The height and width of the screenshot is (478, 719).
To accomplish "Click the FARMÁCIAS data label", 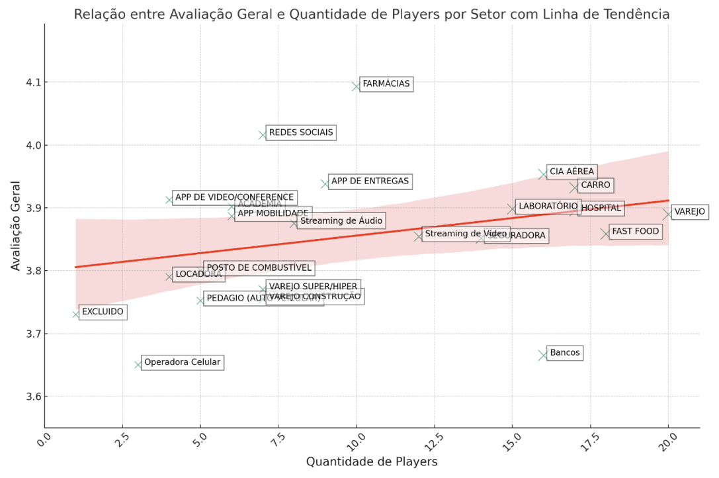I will tap(386, 84).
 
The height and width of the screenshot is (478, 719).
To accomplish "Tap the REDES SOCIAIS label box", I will tap(301, 132).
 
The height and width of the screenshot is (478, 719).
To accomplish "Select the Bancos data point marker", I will tap(543, 355).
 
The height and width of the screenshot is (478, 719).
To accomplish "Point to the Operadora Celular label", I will tap(182, 362).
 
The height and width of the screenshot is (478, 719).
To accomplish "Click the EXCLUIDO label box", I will tap(103, 311).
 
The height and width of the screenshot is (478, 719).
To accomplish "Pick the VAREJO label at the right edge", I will tap(689, 212).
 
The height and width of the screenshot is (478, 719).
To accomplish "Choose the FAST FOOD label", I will tap(635, 231).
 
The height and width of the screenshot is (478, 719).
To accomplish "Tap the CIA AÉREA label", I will tap(571, 171).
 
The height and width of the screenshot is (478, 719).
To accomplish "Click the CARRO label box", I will tap(595, 185).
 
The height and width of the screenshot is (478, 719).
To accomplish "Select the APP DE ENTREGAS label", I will tap(370, 181).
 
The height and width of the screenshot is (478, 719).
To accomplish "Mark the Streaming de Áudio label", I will tap(341, 220).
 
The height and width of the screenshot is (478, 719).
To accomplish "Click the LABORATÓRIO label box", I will tap(548, 206).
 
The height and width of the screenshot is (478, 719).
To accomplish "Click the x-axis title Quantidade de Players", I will tap(371, 461).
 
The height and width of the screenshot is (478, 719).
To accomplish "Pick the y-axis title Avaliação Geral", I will tap(16, 225).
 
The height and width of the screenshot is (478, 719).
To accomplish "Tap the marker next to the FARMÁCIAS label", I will tap(357, 86).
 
